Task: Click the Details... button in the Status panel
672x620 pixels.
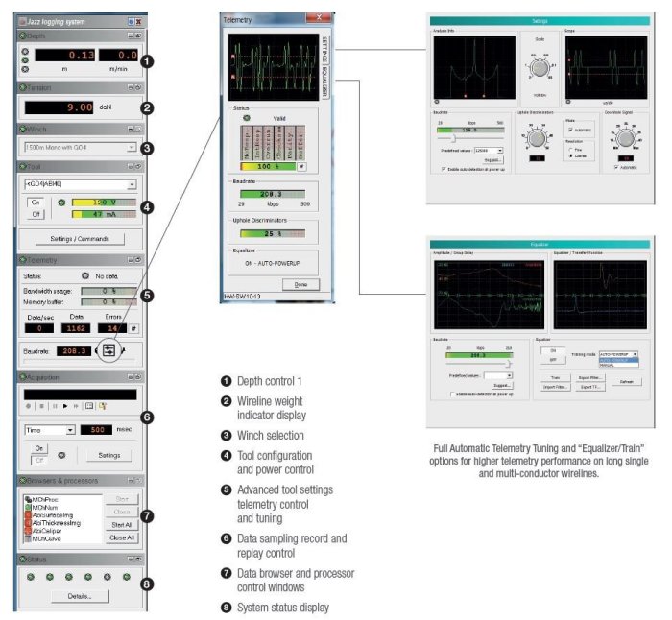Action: click(80, 596)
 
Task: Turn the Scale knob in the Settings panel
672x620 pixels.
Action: click(539, 68)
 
